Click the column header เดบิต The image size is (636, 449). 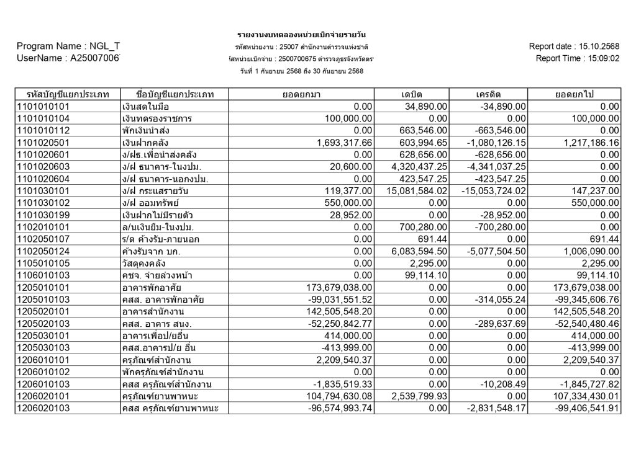pyautogui.click(x=412, y=94)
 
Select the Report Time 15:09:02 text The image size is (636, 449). pyautogui.click(x=599, y=59)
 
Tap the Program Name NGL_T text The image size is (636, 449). pyautogui.click(x=68, y=47)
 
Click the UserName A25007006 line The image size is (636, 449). pyautogui.click(x=68, y=58)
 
